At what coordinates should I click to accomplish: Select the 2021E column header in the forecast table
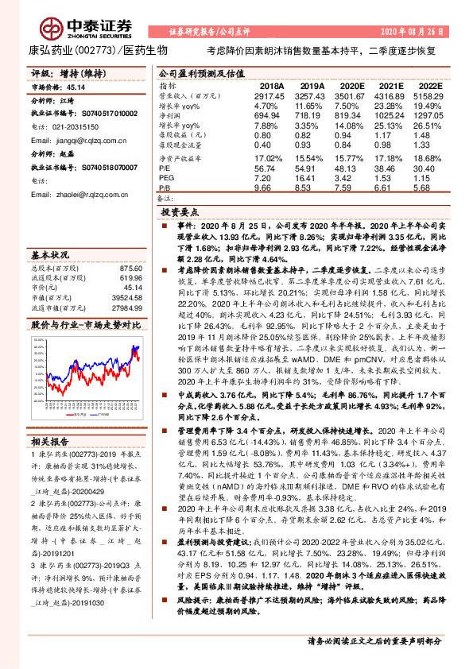tap(390, 85)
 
